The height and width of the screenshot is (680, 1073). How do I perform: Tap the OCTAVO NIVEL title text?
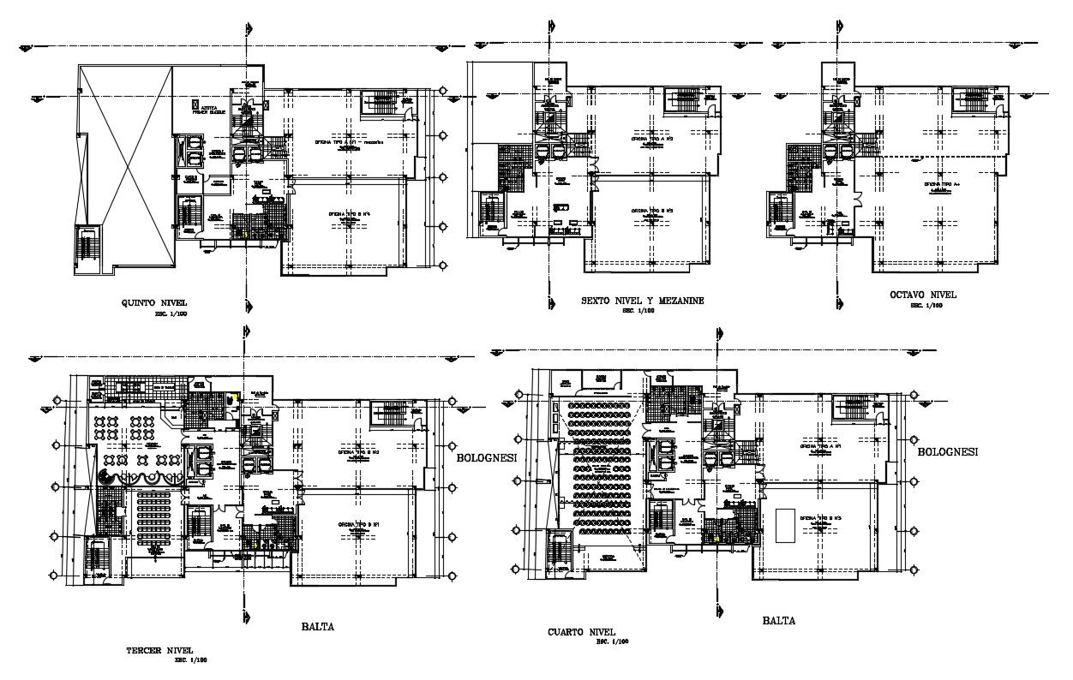click(923, 295)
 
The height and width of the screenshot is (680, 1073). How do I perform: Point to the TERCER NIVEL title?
click(159, 650)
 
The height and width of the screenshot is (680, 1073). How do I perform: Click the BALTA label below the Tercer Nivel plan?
click(316, 626)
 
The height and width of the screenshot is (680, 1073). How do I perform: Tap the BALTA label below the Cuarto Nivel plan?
click(777, 621)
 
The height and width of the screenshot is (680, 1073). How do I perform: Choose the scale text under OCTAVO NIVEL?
click(921, 305)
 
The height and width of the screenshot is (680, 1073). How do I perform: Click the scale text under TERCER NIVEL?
click(190, 661)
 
